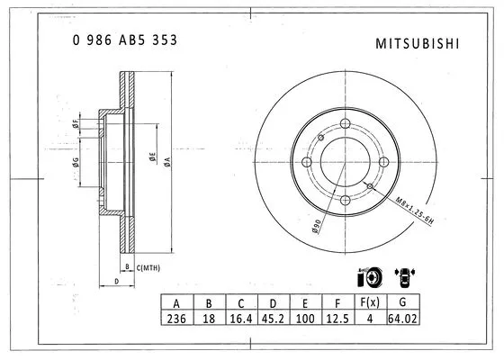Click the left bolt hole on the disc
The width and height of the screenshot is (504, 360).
pyautogui.click(x=306, y=163)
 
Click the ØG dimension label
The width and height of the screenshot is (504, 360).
pyautogui.click(x=78, y=163)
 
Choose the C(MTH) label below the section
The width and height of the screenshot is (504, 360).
pyautogui.click(x=148, y=267)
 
